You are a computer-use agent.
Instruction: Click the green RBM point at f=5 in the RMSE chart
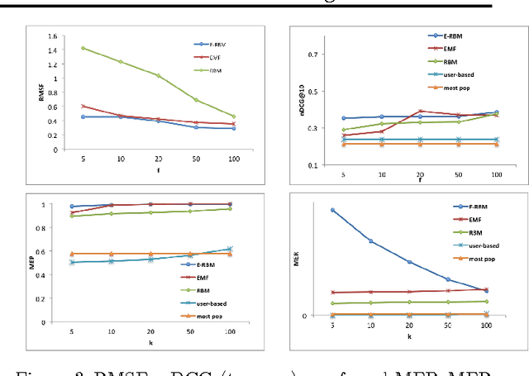[83, 48]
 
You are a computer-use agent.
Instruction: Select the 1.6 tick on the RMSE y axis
[55, 36]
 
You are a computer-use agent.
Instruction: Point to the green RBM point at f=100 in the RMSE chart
[232, 117]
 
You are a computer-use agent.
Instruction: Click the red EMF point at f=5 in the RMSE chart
[83, 106]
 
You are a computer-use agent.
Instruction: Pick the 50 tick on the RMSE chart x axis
[195, 159]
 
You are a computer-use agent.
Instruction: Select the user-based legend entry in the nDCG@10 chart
[464, 73]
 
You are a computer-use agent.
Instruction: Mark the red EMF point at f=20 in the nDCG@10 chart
[421, 111]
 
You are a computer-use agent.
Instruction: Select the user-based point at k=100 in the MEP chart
[230, 249]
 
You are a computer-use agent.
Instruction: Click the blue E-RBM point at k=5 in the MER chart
[333, 210]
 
